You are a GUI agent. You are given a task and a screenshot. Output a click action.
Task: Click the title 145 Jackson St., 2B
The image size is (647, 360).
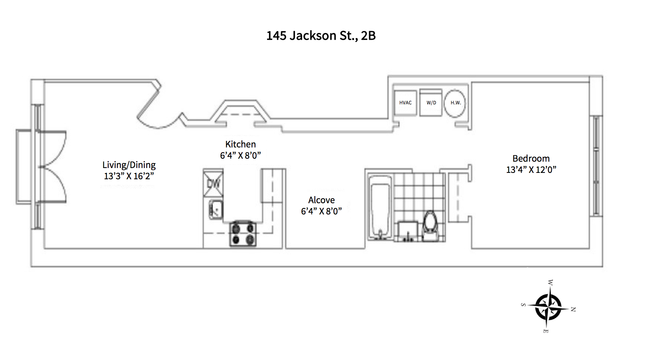[x=321, y=36]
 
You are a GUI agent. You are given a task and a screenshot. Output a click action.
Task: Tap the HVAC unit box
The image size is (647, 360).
[x=405, y=103]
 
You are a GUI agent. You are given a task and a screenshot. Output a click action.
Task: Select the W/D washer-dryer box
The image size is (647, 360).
[x=431, y=103]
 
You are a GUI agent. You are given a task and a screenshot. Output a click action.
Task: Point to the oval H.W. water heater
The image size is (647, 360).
[x=455, y=103]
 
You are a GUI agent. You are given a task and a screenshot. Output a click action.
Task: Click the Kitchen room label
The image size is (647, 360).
[x=240, y=144]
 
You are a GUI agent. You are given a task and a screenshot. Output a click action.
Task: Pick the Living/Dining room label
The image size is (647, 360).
[x=129, y=165]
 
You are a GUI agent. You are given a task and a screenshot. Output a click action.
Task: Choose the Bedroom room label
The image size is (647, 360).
[x=531, y=159]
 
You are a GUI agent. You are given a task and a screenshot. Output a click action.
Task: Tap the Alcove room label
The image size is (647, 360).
[x=321, y=200]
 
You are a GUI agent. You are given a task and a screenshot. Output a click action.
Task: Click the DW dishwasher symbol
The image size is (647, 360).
[x=213, y=183]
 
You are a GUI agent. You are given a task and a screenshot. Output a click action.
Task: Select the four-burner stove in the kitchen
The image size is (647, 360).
[x=243, y=234]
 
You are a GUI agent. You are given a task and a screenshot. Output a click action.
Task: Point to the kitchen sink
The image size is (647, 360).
[x=215, y=210]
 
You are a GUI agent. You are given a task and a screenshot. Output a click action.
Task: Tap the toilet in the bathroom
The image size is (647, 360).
[x=430, y=225]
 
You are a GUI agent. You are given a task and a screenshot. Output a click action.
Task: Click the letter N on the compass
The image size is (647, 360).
[x=573, y=309]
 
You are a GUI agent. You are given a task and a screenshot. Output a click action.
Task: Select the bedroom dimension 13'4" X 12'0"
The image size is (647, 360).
[x=531, y=170]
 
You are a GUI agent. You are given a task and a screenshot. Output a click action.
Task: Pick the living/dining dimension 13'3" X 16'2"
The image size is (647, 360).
[x=129, y=176]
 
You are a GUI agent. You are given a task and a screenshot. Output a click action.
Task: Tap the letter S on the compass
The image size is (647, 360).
[x=523, y=305]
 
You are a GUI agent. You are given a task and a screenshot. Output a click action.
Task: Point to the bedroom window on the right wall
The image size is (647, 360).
[x=596, y=166]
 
